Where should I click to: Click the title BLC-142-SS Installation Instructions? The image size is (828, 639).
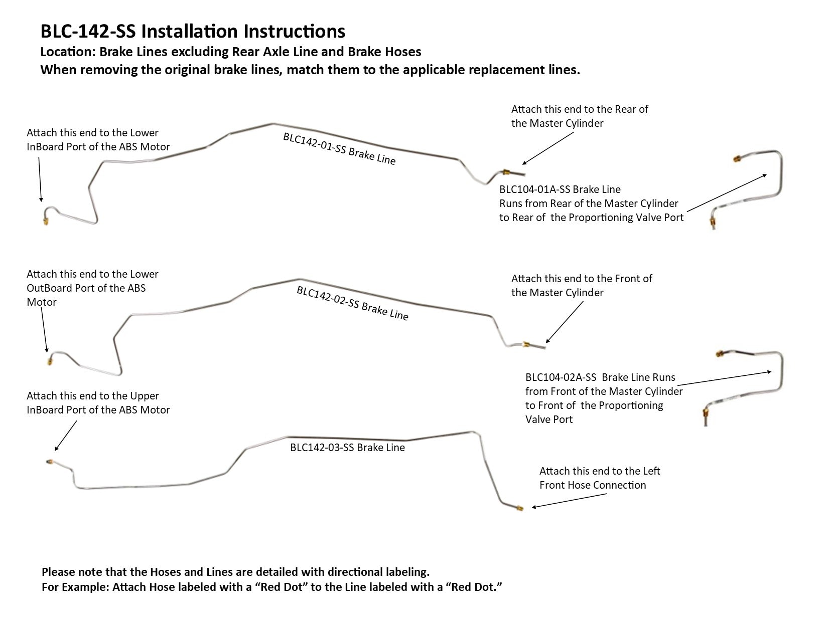(193, 31)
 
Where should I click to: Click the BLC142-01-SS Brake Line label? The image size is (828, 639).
(339, 149)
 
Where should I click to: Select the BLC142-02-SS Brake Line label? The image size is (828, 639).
(352, 303)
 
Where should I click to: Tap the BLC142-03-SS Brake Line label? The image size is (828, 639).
(347, 448)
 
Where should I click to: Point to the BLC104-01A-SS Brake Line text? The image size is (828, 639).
(560, 189)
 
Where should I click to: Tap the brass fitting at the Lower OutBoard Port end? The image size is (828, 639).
(50, 360)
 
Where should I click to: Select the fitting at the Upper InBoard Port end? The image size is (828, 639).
(49, 461)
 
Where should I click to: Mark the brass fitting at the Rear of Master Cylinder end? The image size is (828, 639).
(507, 172)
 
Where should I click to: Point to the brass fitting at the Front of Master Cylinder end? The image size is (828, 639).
(525, 344)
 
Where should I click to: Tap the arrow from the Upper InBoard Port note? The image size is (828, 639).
(65, 436)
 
